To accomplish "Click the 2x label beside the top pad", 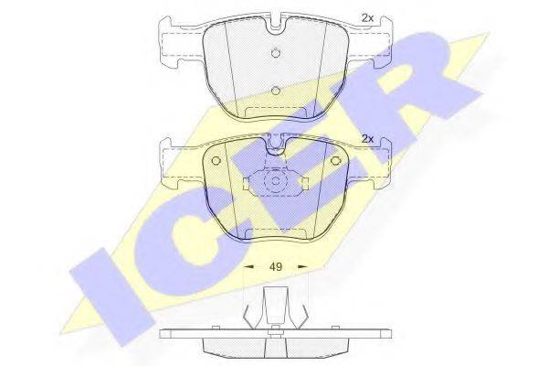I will [368, 17].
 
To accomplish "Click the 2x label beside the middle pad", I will [368, 138].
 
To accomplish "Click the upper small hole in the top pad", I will [275, 51].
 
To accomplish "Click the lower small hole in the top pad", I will [275, 90].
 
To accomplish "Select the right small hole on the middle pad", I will [335, 163].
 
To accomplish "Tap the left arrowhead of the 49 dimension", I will [248, 267].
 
